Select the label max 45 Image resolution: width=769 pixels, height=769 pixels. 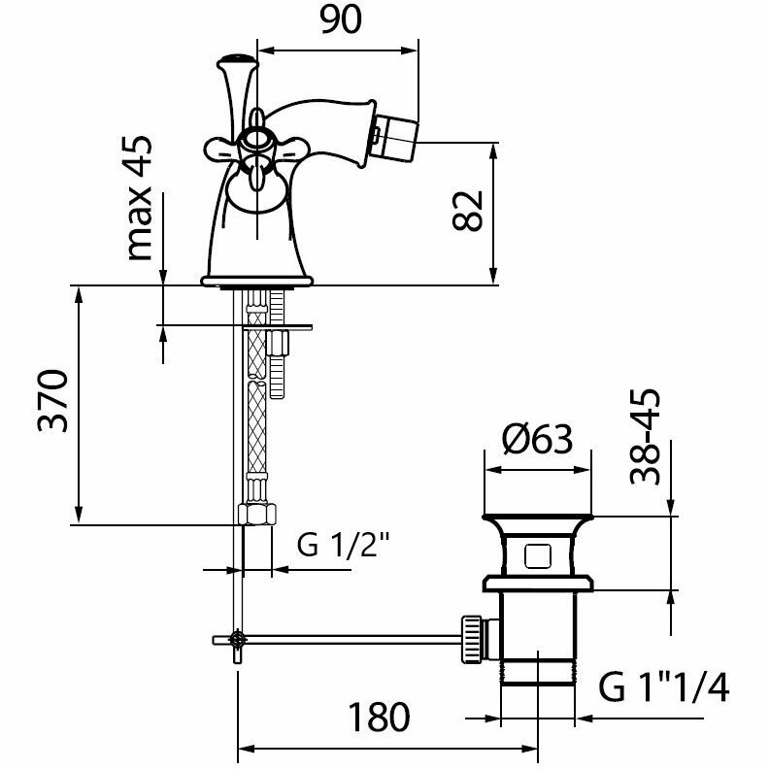click(141, 197)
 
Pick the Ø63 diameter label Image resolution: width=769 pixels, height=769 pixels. click(537, 442)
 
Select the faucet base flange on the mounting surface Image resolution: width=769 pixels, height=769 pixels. click(257, 282)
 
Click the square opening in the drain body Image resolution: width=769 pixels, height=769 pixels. click(536, 556)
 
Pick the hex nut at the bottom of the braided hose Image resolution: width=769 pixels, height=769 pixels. click(254, 515)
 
